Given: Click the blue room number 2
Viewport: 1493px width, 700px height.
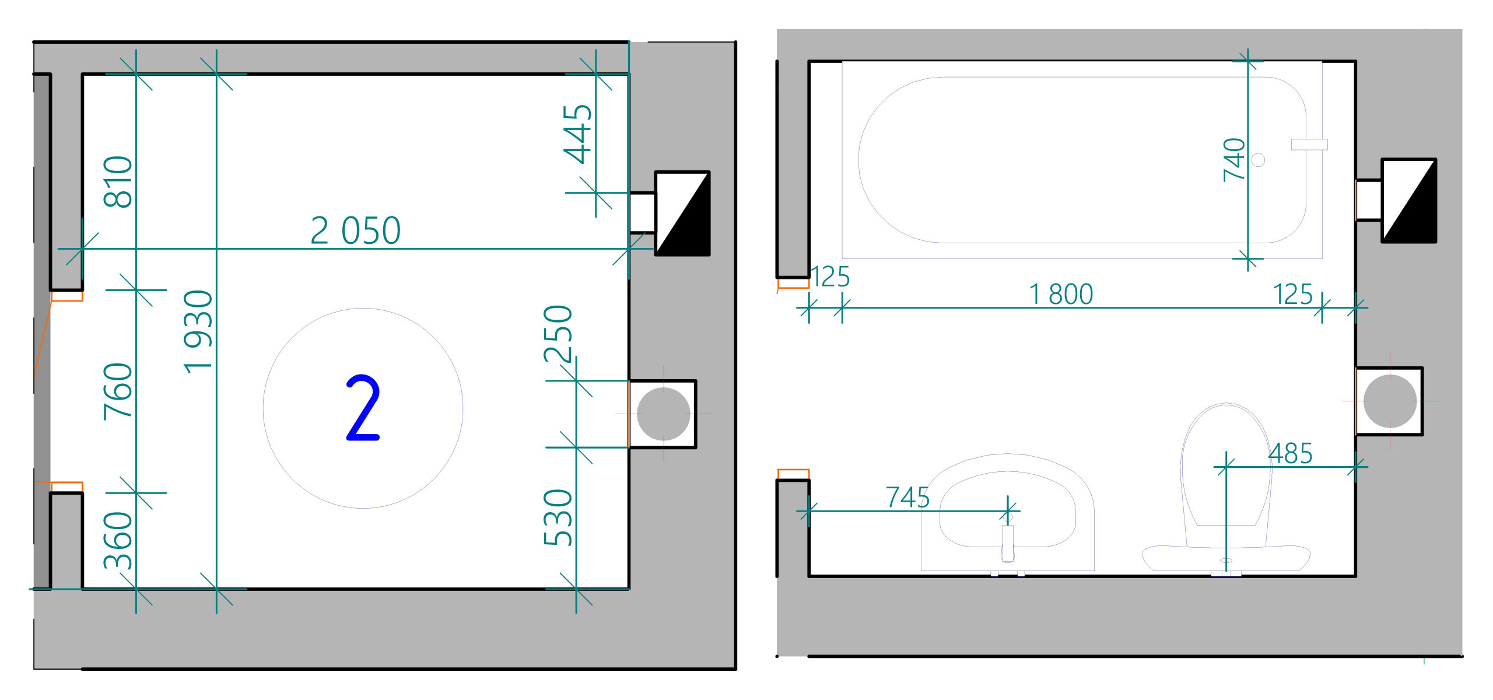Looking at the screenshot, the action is pyautogui.click(x=363, y=408).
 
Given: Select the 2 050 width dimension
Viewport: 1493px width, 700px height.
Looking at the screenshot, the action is pyautogui.click(x=355, y=230).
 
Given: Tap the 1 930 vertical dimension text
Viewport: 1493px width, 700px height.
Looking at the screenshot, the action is pyautogui.click(x=199, y=331).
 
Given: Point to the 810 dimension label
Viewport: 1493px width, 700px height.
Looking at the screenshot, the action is pyautogui.click(x=118, y=181).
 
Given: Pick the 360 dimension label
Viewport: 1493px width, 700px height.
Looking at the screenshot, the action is pyautogui.click(x=118, y=540).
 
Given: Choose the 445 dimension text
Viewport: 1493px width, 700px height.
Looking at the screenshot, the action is pyautogui.click(x=577, y=134).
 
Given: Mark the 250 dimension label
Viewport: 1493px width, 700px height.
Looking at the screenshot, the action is pyautogui.click(x=558, y=334).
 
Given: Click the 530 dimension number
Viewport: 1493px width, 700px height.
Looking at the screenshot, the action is pyautogui.click(x=558, y=517).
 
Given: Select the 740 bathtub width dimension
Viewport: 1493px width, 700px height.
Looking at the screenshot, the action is pyautogui.click(x=1234, y=160).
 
